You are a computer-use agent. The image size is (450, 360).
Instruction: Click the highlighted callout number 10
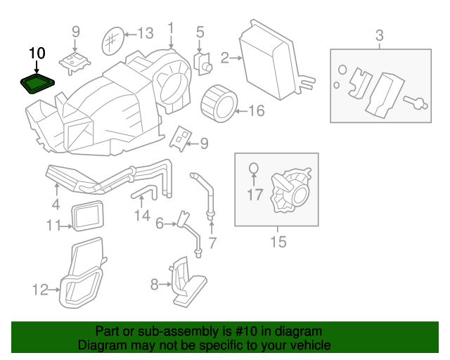coord(37,53)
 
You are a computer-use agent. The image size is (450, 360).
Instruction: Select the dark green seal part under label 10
coord(37,84)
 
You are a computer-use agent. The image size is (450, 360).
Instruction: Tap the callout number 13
coord(144,33)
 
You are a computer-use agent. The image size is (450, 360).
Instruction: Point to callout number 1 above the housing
coord(170,28)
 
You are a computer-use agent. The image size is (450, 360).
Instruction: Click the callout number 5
coord(200,32)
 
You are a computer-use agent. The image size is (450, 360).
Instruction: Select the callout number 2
coord(225,58)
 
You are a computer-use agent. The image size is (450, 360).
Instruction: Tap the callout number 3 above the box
coord(379,34)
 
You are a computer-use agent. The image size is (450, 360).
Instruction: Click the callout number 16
coord(255,110)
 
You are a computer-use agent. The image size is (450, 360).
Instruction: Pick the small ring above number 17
coord(255,168)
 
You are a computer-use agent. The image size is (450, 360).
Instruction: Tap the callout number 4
coord(56,206)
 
